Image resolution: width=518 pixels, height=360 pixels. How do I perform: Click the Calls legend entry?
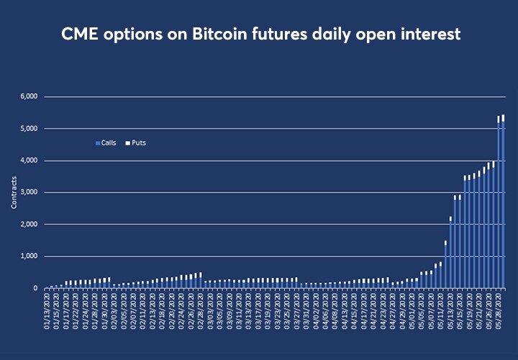tap(108, 143)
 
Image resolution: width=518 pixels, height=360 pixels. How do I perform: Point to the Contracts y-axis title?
tap(14, 193)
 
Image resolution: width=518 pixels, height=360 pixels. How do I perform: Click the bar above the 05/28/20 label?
tap(499, 209)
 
